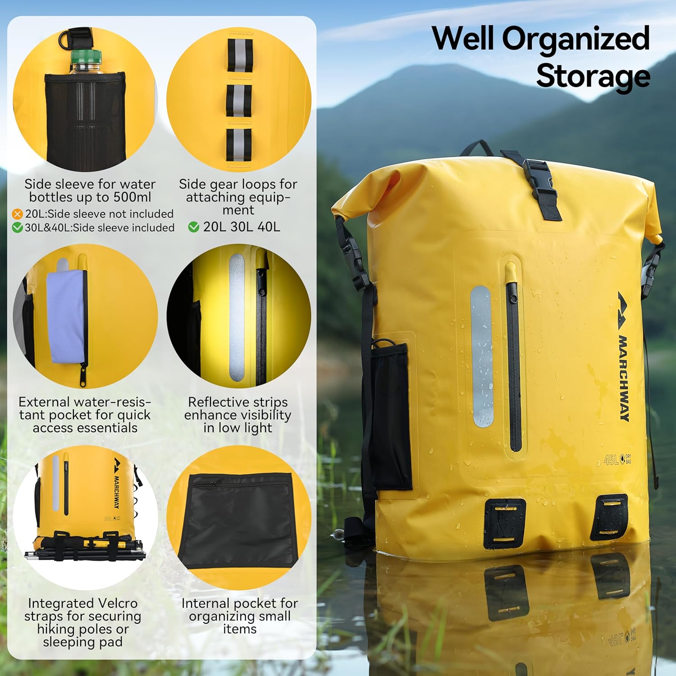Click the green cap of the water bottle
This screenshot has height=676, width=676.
point(86,56)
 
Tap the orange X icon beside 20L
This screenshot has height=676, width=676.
point(17,214)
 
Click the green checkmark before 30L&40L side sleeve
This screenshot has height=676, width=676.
point(17,228)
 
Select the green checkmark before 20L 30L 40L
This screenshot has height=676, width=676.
point(194,227)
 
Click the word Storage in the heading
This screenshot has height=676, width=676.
point(593,76)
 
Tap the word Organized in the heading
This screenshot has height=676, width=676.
point(576,38)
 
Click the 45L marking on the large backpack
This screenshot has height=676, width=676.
point(611,460)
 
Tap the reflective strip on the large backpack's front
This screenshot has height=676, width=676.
point(482,356)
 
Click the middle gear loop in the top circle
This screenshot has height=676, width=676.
point(238,101)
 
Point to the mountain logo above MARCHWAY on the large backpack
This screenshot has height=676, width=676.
point(622,311)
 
